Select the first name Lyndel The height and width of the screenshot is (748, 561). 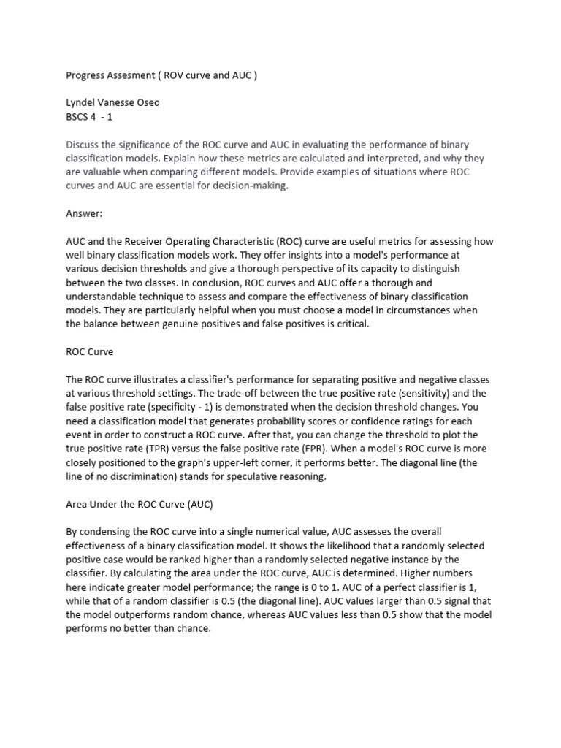(x=82, y=102)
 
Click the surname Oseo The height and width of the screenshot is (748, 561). (x=146, y=102)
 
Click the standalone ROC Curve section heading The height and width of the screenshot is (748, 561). (x=90, y=351)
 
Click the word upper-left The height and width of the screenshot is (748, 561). (x=241, y=462)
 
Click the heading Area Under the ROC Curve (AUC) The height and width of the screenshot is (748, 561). (x=139, y=505)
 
